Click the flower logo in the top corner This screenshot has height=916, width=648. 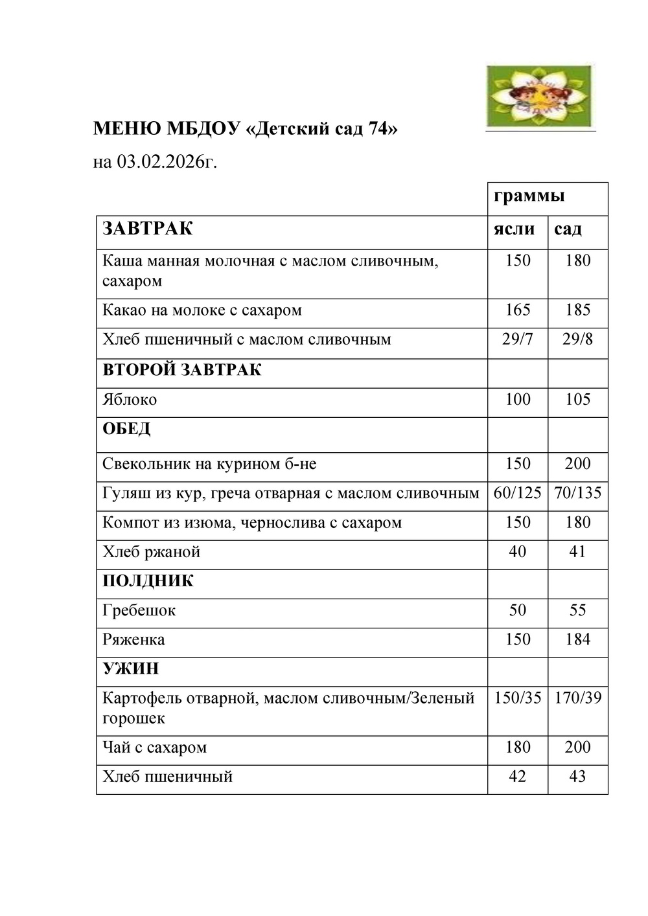[x=540, y=97]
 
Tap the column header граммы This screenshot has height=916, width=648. [x=529, y=196]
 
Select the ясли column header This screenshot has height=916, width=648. [x=515, y=229]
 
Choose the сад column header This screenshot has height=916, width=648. [x=568, y=229]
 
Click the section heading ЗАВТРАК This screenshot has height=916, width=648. [x=148, y=229]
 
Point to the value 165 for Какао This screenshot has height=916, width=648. [x=518, y=310]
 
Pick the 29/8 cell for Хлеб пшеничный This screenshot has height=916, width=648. [x=577, y=339]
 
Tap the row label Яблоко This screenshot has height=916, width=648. [x=130, y=400]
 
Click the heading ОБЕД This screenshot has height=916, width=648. [x=126, y=429]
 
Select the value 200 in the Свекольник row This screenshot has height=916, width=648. [x=577, y=464]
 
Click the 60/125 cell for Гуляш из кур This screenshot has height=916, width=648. [x=518, y=493]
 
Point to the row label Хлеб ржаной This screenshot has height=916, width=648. [x=152, y=552]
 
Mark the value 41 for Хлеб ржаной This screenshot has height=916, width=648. [x=577, y=552]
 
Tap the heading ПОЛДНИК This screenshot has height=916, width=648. [x=148, y=581]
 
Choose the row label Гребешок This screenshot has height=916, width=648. [x=139, y=610]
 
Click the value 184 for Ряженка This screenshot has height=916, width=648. [x=577, y=639]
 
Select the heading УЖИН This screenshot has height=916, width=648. [x=131, y=669]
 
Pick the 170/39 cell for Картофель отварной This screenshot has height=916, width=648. [x=577, y=698]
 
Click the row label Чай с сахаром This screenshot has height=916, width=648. [x=155, y=748]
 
